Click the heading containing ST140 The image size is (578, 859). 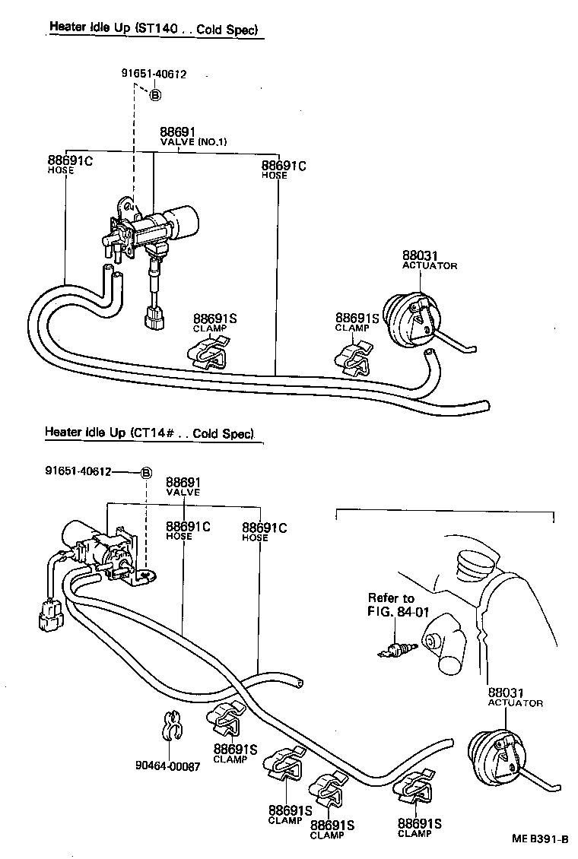(154, 30)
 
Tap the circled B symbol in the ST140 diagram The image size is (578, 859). (155, 96)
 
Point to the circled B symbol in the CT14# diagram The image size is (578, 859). (145, 472)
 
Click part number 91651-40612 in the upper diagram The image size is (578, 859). (154, 74)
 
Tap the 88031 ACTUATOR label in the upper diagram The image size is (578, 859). (429, 260)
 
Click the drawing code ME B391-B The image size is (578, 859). (539, 839)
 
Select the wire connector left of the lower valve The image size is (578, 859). (46, 613)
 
